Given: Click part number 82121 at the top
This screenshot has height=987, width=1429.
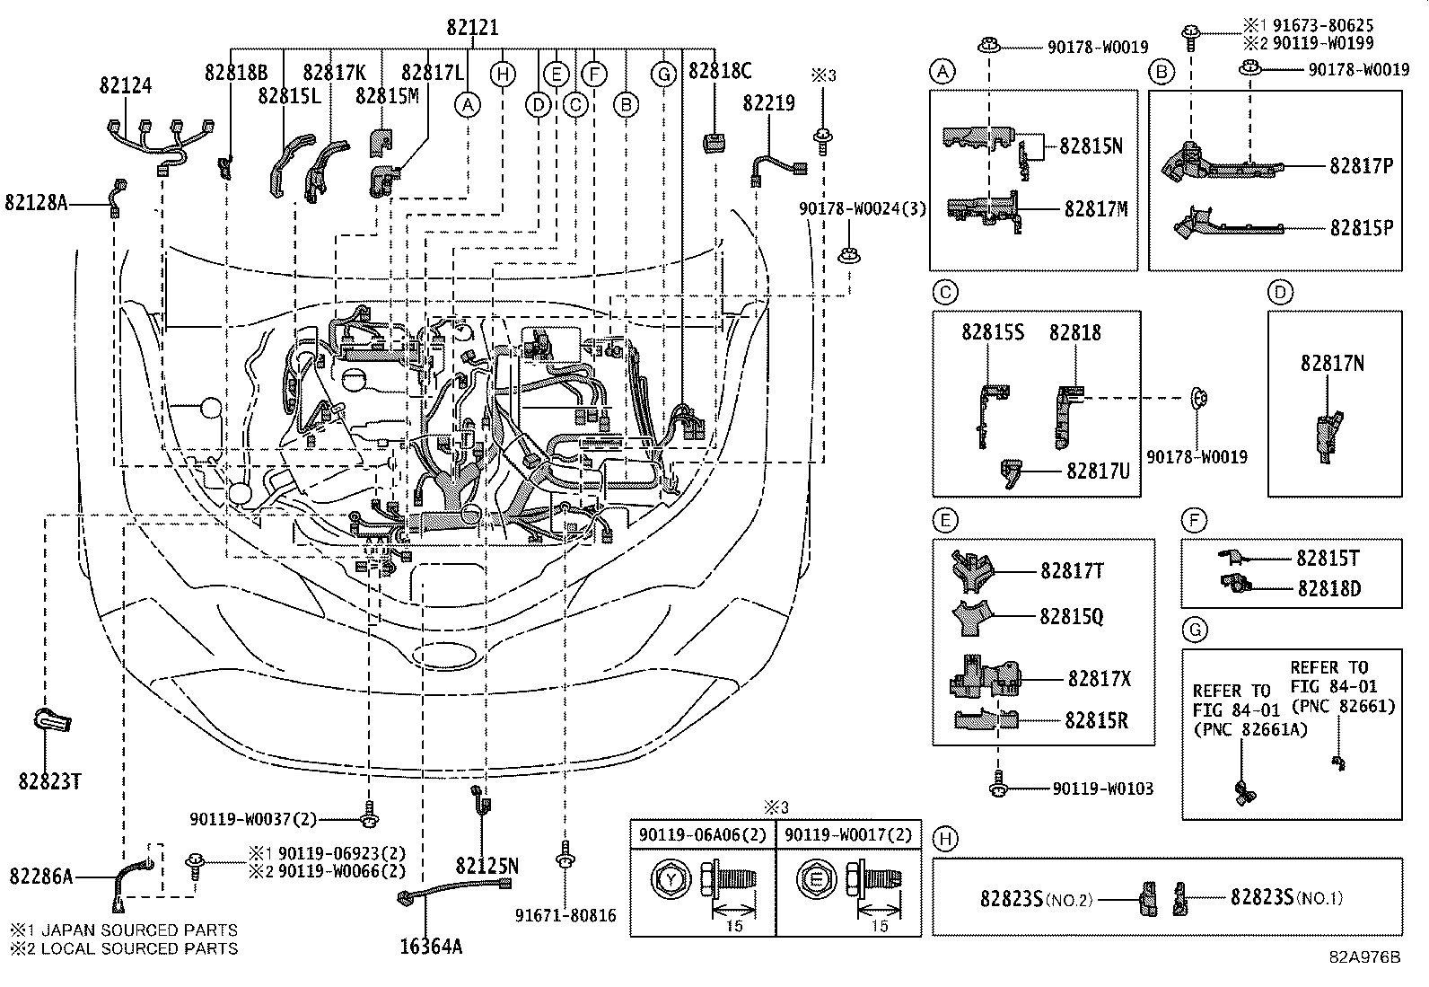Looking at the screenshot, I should click(x=472, y=28).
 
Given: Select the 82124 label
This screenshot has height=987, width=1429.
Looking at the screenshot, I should click(x=126, y=85).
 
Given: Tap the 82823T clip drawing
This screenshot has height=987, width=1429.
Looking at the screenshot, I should click(x=52, y=719).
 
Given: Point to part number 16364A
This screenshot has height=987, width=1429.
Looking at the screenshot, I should click(x=433, y=946).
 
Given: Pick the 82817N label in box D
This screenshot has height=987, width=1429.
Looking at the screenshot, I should click(x=1332, y=363).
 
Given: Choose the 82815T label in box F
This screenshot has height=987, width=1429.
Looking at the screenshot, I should click(x=1327, y=559).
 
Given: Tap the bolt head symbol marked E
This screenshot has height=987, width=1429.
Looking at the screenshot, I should click(x=816, y=879).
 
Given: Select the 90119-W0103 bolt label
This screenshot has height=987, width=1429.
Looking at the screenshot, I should click(x=1102, y=789).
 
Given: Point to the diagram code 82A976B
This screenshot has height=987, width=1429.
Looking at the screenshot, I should click(x=1364, y=957).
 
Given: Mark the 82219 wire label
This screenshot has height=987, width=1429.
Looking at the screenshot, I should click(x=768, y=103).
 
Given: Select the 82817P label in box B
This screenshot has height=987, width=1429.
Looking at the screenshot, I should click(x=1361, y=166).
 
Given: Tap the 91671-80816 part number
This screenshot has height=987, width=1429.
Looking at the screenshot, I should click(x=565, y=915).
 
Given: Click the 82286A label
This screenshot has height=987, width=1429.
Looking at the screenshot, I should click(x=41, y=875).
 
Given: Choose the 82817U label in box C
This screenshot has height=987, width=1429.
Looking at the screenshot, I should click(x=1097, y=470).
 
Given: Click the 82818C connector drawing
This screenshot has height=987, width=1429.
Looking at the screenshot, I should click(x=714, y=143).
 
